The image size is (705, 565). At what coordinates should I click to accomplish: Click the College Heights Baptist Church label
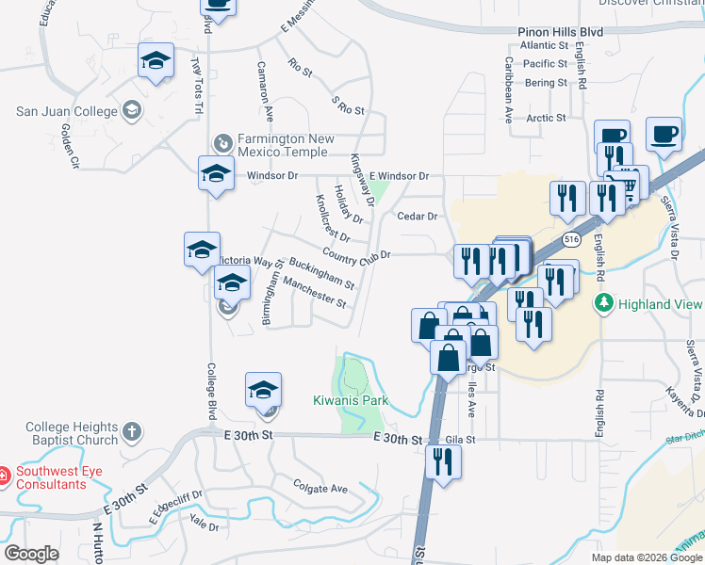point(72,433)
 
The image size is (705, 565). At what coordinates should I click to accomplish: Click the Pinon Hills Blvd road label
point(560,31)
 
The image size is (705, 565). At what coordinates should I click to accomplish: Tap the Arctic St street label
point(546,118)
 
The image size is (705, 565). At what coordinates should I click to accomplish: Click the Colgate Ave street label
point(320,489)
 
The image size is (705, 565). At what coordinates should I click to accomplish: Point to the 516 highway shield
point(571,240)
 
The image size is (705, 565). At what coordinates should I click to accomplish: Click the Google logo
point(31,554)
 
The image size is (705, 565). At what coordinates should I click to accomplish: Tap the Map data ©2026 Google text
point(647,557)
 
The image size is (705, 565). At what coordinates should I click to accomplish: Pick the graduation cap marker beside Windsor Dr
point(216,174)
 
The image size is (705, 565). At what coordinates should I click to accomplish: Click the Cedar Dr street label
point(418,216)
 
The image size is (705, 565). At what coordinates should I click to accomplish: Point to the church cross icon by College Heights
point(132,433)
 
